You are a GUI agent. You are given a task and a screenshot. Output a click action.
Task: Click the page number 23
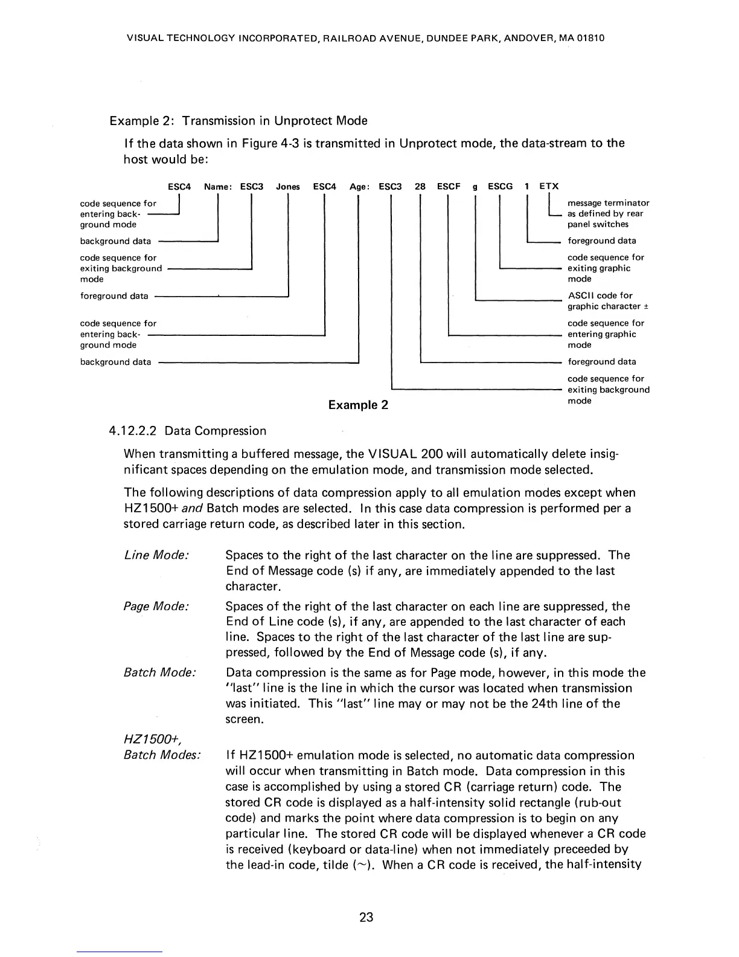(x=366, y=917)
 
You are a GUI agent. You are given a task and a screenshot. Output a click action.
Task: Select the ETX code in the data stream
(x=549, y=187)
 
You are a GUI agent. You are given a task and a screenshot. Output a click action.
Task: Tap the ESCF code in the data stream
(x=449, y=187)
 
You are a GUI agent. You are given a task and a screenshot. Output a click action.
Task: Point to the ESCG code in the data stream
(x=500, y=187)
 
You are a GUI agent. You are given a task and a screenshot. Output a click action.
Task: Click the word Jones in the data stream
(x=288, y=187)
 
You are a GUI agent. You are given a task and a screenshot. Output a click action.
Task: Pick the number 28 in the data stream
(x=420, y=187)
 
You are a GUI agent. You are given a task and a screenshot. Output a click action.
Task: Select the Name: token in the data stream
(x=218, y=187)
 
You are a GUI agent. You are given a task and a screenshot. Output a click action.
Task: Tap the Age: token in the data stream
(x=360, y=187)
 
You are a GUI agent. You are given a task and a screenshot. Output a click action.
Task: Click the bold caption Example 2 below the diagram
(x=358, y=405)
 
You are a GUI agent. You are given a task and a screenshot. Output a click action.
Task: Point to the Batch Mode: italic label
(x=159, y=672)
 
